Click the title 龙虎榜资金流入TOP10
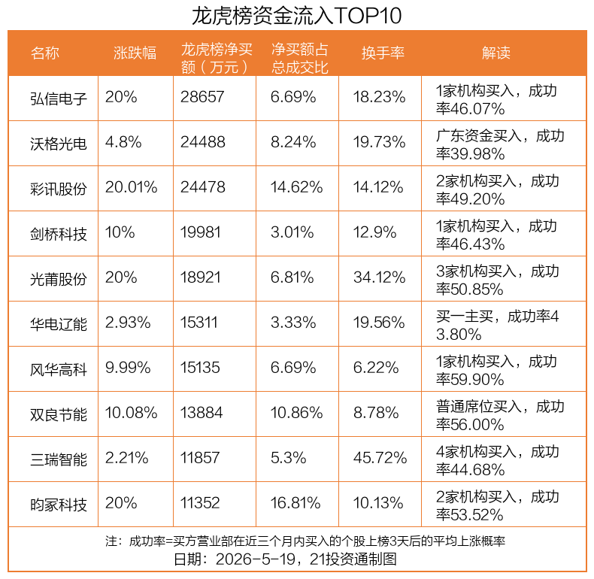coord(296,16)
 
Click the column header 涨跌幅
coord(135,53)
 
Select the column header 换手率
coord(383,53)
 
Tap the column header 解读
coord(496,53)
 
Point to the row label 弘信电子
coord(59,99)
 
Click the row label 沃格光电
coord(59,144)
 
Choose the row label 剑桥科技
coord(59,234)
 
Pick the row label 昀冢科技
coord(59,505)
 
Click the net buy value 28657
coord(202,97)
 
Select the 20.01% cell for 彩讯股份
coord(131,187)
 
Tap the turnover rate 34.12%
coord(379,277)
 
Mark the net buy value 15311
coord(199,323)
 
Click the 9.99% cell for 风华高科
coord(128,368)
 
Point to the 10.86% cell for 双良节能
coord(296,413)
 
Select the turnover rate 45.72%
coord(380,458)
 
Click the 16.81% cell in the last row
coord(295,503)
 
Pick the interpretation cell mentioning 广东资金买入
coord(500,144)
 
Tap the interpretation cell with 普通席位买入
coord(500,415)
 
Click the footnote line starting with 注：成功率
coord(305,541)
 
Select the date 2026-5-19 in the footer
coord(255,559)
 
